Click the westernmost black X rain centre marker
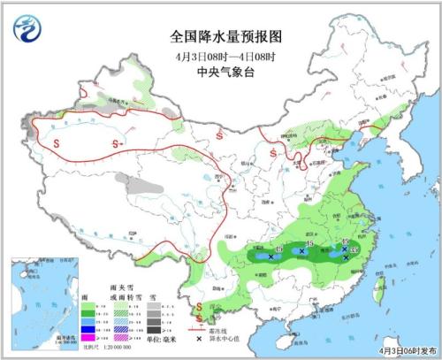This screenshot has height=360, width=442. pyautogui.click(x=269, y=257)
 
